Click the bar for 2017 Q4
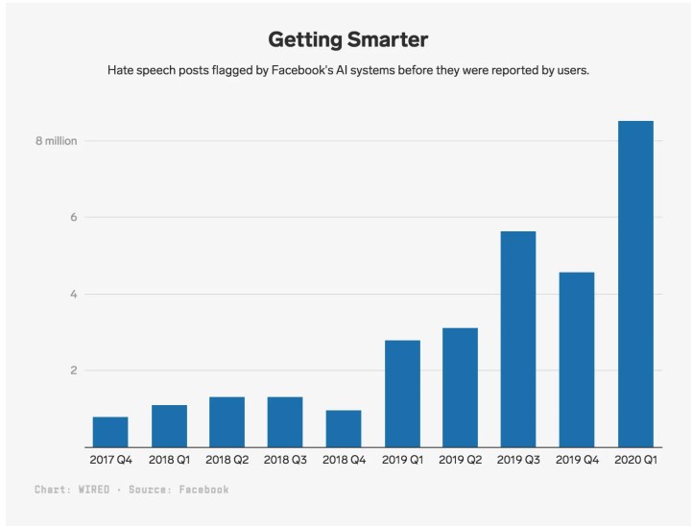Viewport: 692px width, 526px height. tap(110, 432)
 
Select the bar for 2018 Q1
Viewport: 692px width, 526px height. tap(169, 426)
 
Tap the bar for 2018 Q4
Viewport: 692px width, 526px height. tap(344, 429)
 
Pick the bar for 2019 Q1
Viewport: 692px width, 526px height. tap(401, 394)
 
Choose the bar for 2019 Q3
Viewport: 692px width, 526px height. tap(518, 339)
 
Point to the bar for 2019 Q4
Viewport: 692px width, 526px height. tap(577, 360)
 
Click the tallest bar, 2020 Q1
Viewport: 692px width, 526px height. tap(635, 284)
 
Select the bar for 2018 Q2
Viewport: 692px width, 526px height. tap(227, 422)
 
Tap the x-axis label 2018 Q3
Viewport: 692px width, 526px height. tap(285, 461)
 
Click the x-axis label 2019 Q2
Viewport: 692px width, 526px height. tap(460, 461)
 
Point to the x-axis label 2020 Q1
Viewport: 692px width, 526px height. tap(635, 461)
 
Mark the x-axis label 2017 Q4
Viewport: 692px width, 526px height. tap(110, 461)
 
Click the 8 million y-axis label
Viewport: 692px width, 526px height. tap(57, 141)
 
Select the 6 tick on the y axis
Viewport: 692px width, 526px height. tap(71, 217)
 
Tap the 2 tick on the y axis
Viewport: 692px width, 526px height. tap(71, 371)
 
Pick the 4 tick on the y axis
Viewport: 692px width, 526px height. tap(71, 294)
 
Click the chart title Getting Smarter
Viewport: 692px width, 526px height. tap(347, 39)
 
